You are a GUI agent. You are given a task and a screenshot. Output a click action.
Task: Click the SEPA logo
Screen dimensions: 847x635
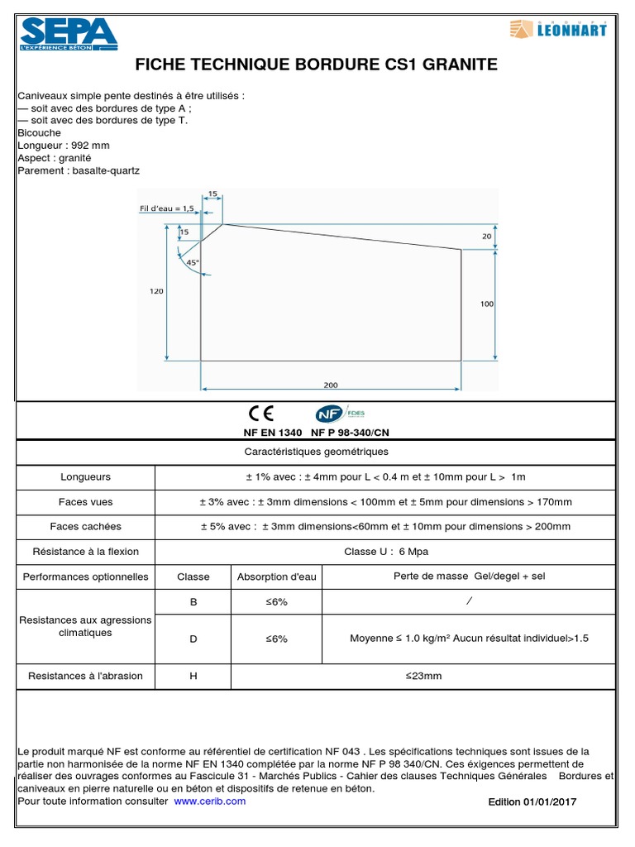click(x=69, y=34)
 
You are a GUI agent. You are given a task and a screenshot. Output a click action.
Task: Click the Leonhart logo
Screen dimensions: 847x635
click(x=559, y=31)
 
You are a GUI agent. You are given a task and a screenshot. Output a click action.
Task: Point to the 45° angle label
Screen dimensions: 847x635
click(x=193, y=262)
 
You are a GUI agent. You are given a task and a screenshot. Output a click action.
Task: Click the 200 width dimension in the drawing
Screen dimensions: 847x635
click(x=331, y=385)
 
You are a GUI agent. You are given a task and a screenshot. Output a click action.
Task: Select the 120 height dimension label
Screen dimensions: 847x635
click(x=157, y=291)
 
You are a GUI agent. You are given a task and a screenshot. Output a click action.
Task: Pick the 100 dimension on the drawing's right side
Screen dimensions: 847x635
click(x=486, y=304)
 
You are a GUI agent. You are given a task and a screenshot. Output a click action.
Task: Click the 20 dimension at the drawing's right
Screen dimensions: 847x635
click(x=486, y=236)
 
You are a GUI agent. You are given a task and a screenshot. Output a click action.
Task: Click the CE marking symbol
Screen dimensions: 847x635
click(x=260, y=414)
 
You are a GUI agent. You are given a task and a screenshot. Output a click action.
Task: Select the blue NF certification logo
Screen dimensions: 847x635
click(x=327, y=414)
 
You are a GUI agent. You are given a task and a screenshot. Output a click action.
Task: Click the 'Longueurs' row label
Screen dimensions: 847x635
click(x=85, y=477)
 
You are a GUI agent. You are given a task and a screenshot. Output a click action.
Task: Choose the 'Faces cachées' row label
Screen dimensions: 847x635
click(x=85, y=526)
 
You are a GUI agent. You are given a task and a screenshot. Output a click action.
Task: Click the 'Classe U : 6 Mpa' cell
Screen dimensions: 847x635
click(x=386, y=552)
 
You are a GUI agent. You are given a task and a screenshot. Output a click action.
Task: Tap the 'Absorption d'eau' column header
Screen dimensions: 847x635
click(x=277, y=577)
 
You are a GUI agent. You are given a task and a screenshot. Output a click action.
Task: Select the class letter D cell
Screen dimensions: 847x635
click(x=193, y=639)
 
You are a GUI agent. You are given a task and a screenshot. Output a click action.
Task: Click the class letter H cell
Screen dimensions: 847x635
click(x=193, y=676)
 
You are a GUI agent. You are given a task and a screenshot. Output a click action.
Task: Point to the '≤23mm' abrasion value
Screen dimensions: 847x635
click(x=423, y=676)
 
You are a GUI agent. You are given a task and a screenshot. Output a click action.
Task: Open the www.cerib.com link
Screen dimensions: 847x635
click(x=210, y=801)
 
